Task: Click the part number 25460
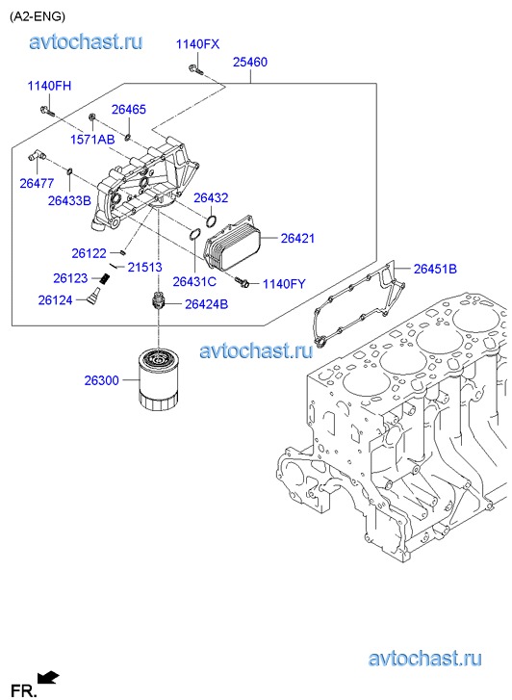pyautogui.click(x=250, y=62)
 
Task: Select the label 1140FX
pyautogui.click(x=197, y=44)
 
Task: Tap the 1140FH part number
pyautogui.click(x=49, y=86)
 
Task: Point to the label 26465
pyautogui.click(x=129, y=110)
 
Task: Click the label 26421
pyautogui.click(x=297, y=238)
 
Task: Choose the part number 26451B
pyautogui.click(x=435, y=269)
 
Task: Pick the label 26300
pyautogui.click(x=102, y=380)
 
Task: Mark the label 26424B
pyautogui.click(x=206, y=304)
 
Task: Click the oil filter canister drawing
pyautogui.click(x=159, y=379)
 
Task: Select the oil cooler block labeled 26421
pyautogui.click(x=232, y=244)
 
